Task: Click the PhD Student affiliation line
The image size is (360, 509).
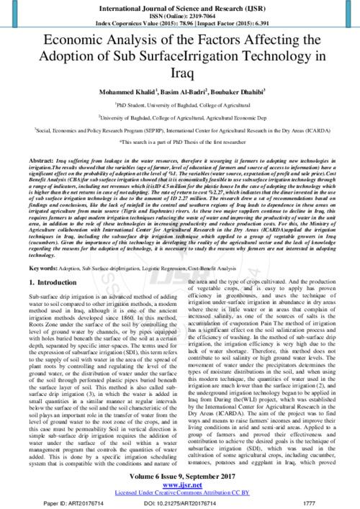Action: (x=180, y=107)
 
